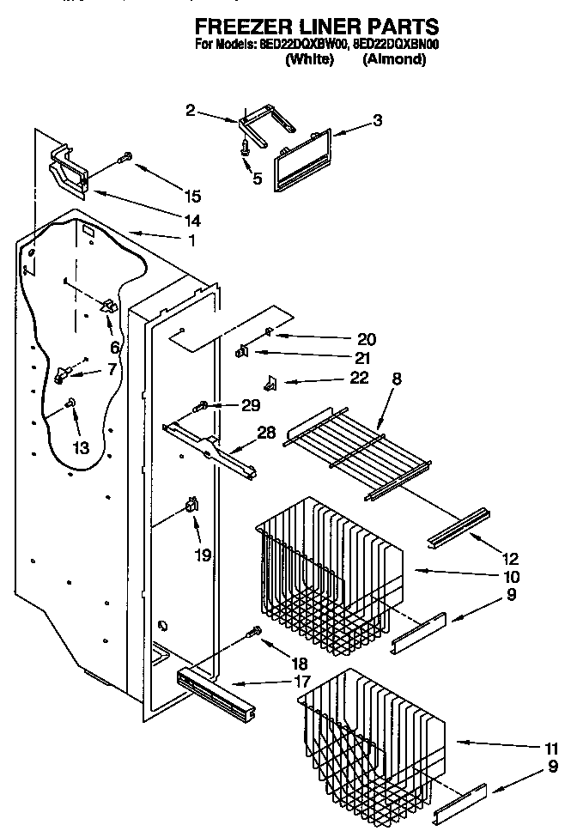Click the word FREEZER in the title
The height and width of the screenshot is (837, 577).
pyautogui.click(x=236, y=26)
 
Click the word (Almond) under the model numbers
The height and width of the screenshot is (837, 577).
pyautogui.click(x=394, y=59)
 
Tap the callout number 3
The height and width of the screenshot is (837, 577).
pyautogui.click(x=377, y=121)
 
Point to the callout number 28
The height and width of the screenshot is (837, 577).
pyautogui.click(x=266, y=433)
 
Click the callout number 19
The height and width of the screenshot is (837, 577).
pyautogui.click(x=203, y=555)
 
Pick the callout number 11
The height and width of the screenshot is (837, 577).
pyautogui.click(x=550, y=747)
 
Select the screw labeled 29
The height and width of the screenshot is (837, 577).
pyautogui.click(x=203, y=405)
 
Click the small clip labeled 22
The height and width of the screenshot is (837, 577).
pyautogui.click(x=270, y=381)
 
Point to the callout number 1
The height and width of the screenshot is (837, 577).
pyautogui.click(x=191, y=241)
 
